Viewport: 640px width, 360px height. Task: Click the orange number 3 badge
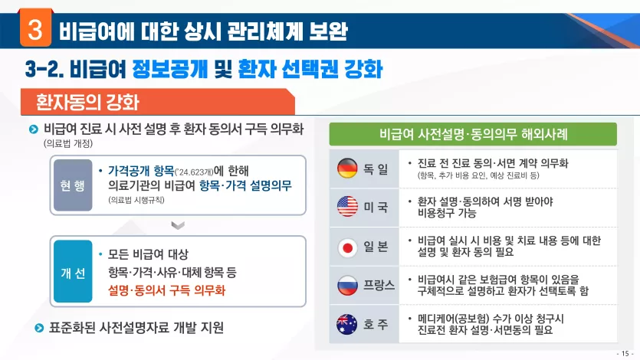[x=35, y=28]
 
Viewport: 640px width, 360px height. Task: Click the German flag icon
[x=347, y=168]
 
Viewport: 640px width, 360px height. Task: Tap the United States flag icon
[x=347, y=206]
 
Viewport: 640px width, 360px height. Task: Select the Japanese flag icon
[x=347, y=247]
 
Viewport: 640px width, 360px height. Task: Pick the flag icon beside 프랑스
[x=347, y=286]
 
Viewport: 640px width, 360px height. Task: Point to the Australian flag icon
[x=347, y=325]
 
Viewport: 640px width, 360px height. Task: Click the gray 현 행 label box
[x=73, y=185]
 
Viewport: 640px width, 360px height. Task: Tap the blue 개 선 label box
[x=73, y=271]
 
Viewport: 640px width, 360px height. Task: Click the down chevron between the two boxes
[x=178, y=225]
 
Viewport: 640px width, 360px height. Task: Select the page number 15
[x=625, y=353]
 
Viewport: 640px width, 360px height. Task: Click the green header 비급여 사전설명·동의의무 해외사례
[x=473, y=134]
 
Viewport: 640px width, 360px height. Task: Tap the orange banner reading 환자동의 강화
[x=158, y=102]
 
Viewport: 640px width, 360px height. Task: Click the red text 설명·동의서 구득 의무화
[x=166, y=290]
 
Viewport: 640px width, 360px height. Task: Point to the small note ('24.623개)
[x=194, y=172]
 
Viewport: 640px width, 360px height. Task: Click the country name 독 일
[x=376, y=169]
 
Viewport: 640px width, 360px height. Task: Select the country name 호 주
[x=376, y=325]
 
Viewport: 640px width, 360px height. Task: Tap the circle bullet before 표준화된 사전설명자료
[x=39, y=328]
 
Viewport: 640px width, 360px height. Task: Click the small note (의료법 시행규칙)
[x=136, y=200]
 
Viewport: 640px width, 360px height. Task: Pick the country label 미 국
[x=376, y=207]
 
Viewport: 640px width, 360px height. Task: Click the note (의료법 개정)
[x=68, y=143]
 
